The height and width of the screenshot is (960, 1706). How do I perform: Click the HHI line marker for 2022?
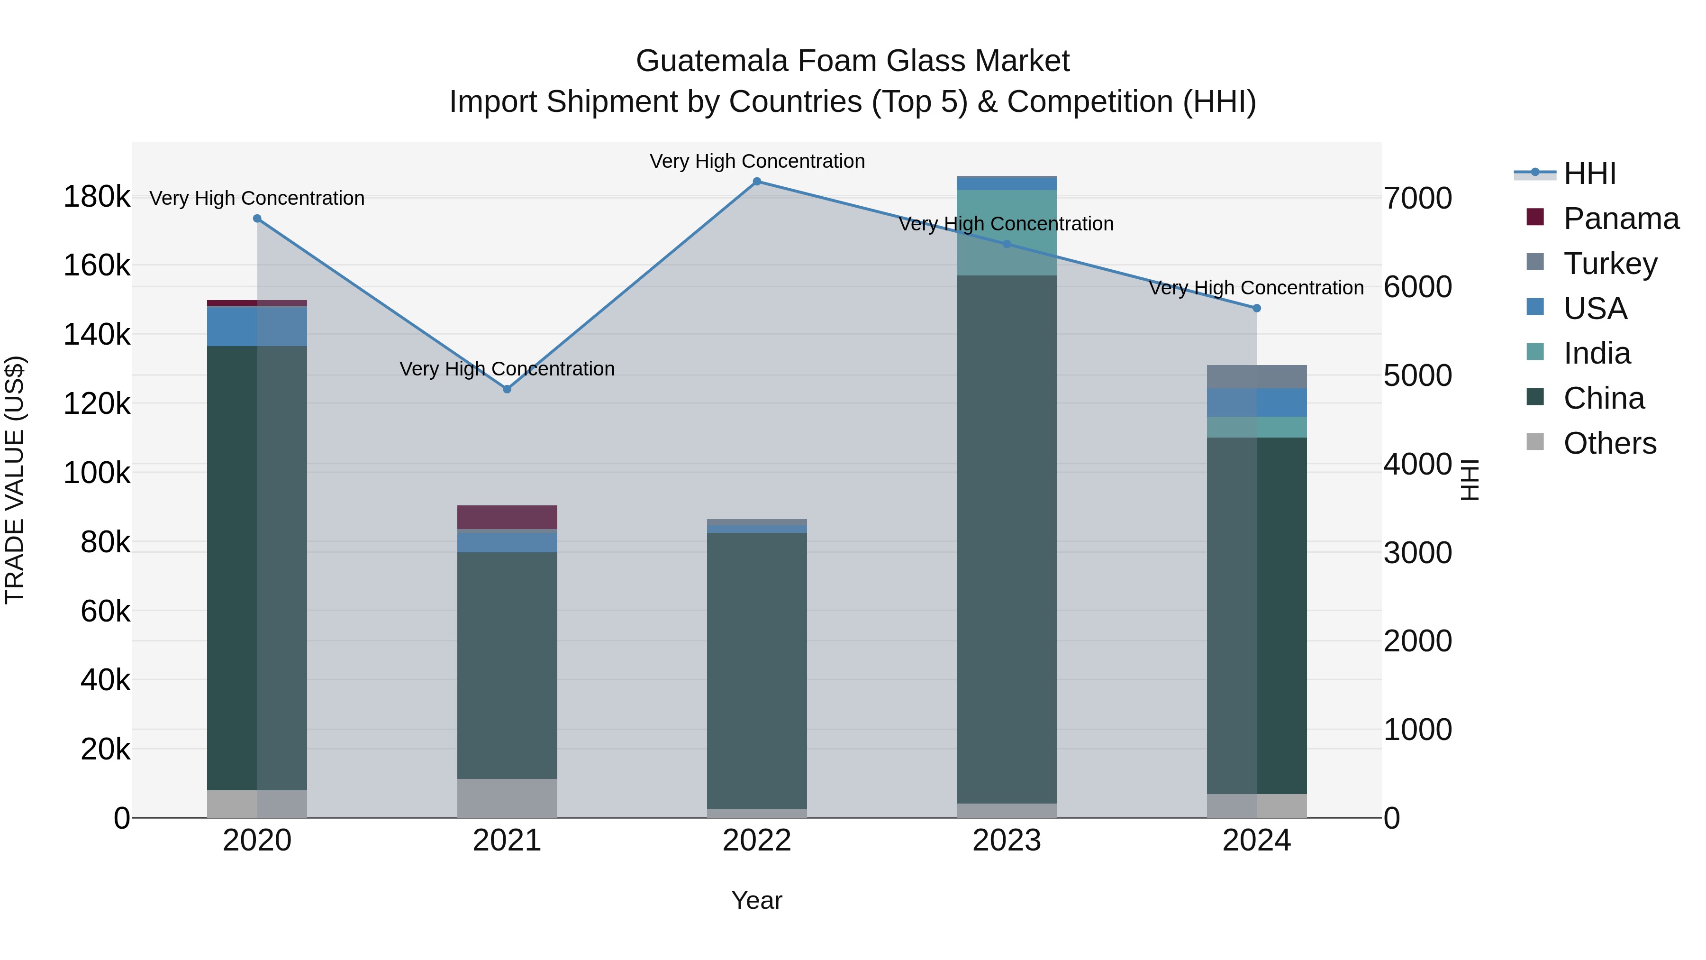pos(757,182)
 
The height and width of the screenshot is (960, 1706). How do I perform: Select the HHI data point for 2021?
pos(507,390)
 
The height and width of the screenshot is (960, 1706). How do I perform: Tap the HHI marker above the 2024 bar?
pos(1257,308)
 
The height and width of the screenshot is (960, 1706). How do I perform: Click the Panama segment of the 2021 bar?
pos(507,517)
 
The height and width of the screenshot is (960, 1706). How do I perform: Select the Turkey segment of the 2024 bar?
pos(1257,377)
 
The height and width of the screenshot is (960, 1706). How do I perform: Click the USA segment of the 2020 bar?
pos(257,327)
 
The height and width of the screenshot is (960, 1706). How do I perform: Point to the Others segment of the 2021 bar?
pos(507,798)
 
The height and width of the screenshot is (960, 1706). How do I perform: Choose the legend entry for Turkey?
pos(1609,264)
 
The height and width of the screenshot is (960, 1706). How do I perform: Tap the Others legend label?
pos(1609,443)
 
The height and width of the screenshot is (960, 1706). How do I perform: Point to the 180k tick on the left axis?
pos(97,197)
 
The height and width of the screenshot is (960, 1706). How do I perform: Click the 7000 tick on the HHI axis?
pos(1418,198)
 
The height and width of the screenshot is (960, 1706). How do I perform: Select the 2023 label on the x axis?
pos(1007,841)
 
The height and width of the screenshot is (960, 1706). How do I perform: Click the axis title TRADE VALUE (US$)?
pos(15,480)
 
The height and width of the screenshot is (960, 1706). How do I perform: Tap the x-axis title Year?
pos(757,900)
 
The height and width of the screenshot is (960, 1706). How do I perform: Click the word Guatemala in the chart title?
pos(712,61)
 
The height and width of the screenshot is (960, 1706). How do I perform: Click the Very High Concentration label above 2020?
pos(257,198)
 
